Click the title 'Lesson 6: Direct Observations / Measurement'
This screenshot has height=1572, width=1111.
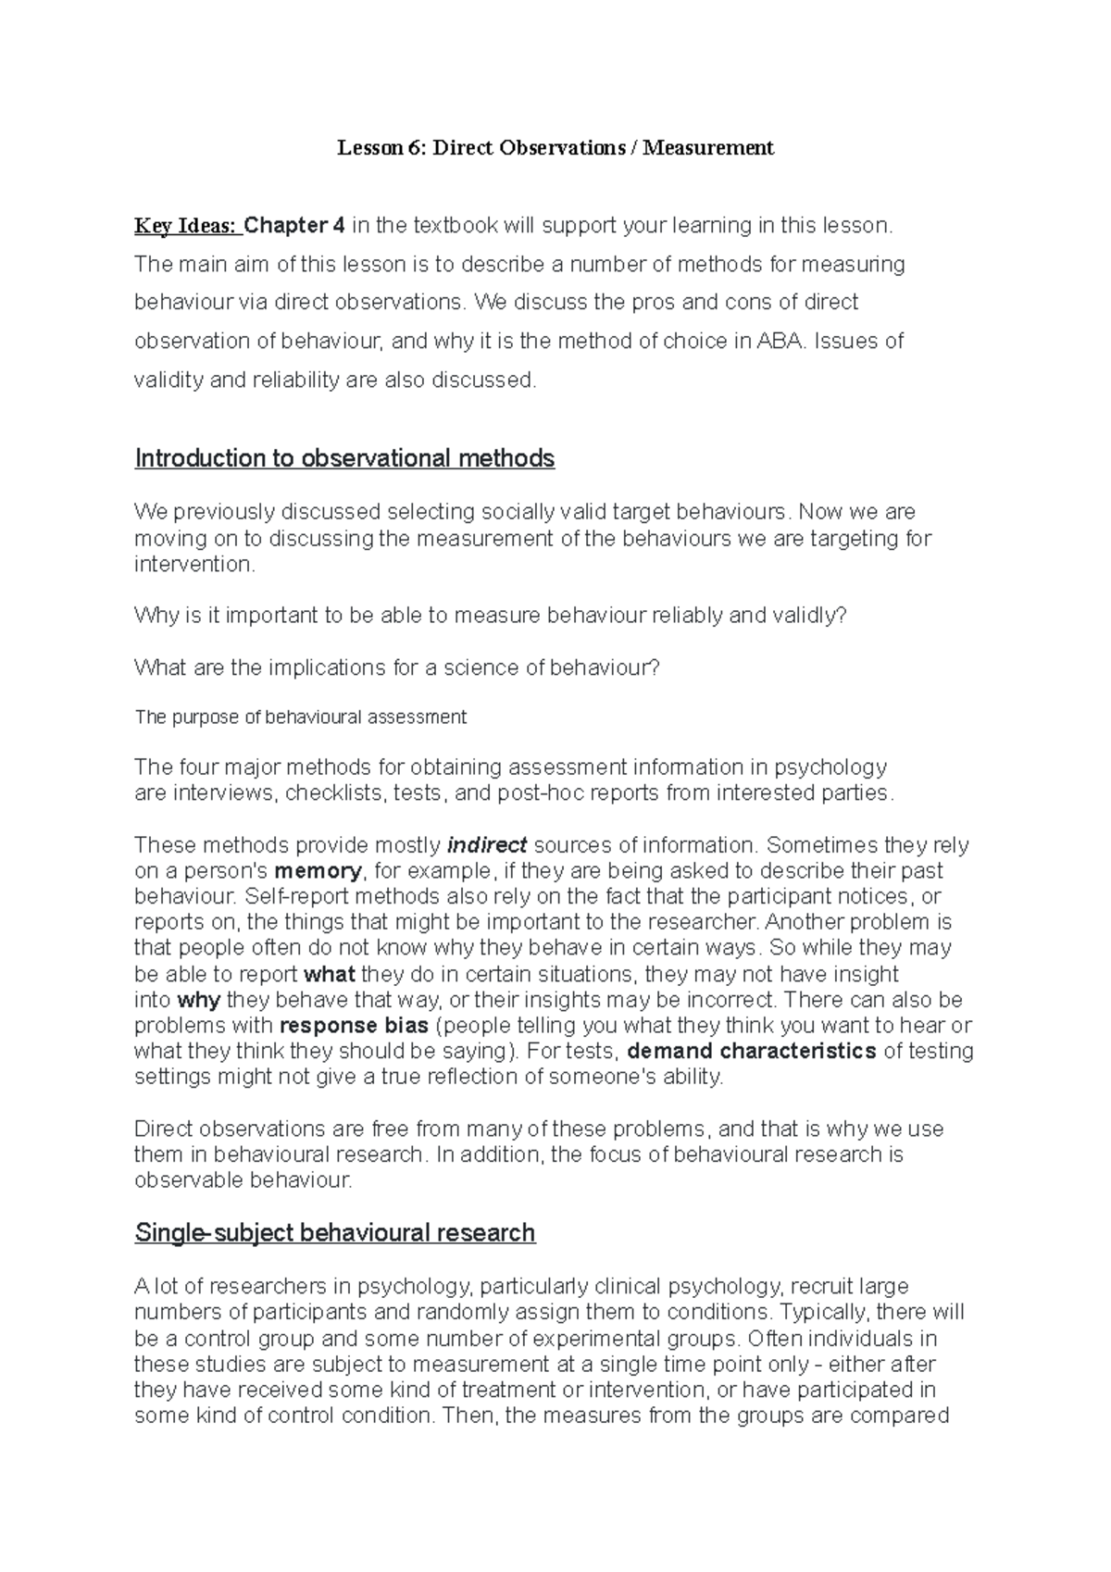coord(555,147)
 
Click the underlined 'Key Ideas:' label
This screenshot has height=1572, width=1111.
coord(186,225)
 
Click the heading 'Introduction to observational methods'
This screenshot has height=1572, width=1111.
coord(344,458)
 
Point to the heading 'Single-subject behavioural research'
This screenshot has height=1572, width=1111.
coord(334,1233)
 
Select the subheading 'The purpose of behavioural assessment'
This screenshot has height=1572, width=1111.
coord(300,717)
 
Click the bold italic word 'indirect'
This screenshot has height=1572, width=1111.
coord(487,845)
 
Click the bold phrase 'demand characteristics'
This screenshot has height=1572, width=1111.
coord(752,1052)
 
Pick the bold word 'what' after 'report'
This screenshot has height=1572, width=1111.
coord(330,974)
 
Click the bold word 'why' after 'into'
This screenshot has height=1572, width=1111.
coord(199,1000)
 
